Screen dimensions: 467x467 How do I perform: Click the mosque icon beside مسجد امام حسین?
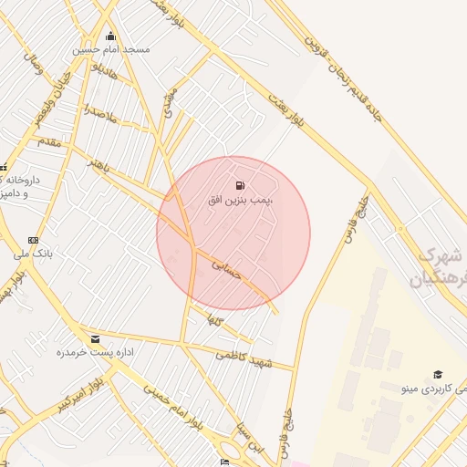click(x=111, y=36)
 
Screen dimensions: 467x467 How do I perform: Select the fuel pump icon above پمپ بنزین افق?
click(x=240, y=185)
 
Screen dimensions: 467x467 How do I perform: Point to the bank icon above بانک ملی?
click(x=34, y=240)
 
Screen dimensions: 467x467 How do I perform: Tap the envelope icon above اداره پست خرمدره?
click(x=96, y=339)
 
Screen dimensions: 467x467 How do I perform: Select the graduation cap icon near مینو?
click(x=438, y=375)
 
